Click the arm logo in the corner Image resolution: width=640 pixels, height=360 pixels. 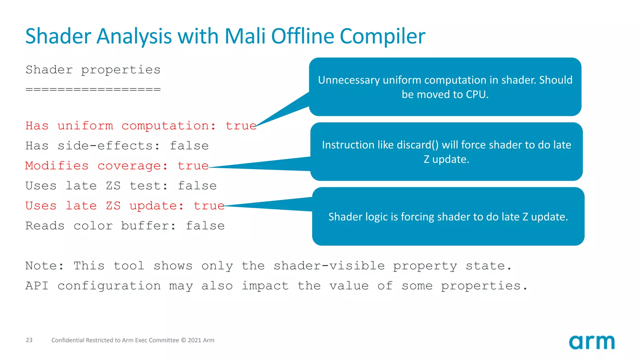coord(592,342)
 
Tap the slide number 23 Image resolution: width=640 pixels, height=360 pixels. coord(29,340)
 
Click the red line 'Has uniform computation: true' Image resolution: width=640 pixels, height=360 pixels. coord(141,126)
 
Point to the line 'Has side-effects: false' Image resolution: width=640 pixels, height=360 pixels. coord(117,146)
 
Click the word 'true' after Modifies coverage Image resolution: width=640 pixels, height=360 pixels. coord(193,166)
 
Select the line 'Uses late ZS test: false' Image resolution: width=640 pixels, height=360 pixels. coord(121,186)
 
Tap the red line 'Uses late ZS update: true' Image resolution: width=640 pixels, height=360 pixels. coord(125,206)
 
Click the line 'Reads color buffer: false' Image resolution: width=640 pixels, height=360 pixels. coord(125,226)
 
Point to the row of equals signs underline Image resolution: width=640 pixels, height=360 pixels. coord(93,90)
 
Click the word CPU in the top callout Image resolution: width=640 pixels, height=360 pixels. coord(477,94)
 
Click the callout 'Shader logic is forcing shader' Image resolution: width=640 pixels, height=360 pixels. coord(448,217)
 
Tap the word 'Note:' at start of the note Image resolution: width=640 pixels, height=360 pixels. coord(44,266)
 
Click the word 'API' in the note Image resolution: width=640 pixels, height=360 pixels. coord(37,286)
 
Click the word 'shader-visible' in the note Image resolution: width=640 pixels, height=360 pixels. coord(329,266)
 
